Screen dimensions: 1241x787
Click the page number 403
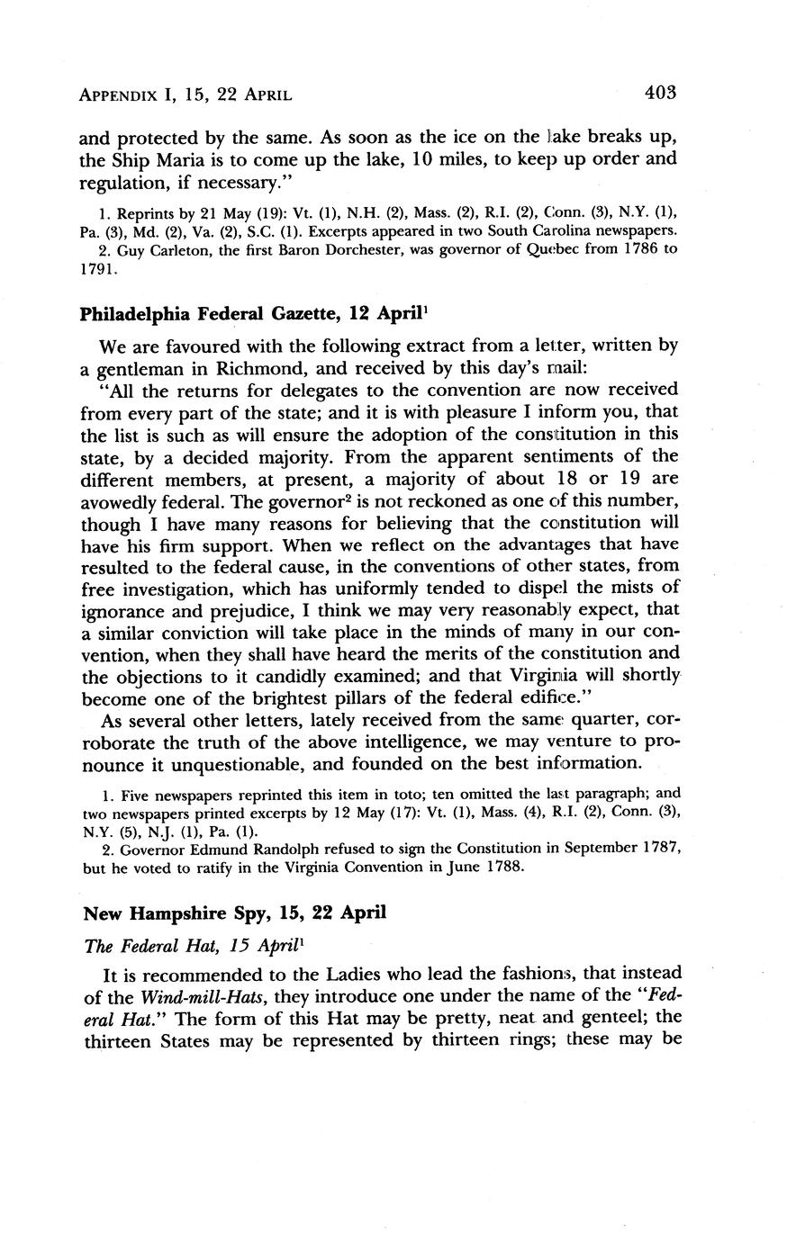[659, 92]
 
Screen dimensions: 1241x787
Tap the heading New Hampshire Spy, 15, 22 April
[234, 913]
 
